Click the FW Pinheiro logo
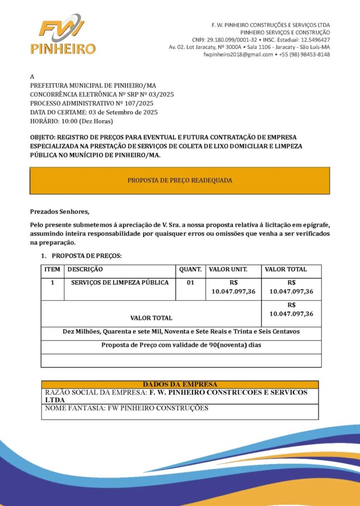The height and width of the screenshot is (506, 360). pyautogui.click(x=62, y=34)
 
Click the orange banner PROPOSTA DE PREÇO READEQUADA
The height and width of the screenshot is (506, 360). pyautogui.click(x=180, y=180)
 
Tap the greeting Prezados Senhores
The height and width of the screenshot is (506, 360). pyautogui.click(x=60, y=212)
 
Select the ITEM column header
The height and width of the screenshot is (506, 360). pyautogui.click(x=52, y=270)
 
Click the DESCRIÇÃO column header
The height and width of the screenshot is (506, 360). pyautogui.click(x=85, y=270)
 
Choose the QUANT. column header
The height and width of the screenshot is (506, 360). pyautogui.click(x=190, y=270)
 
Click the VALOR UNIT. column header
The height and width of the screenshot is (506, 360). pyautogui.click(x=228, y=270)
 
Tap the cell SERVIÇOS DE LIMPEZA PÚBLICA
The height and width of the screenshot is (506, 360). pyautogui.click(x=120, y=283)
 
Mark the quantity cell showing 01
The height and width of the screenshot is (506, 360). pyautogui.click(x=190, y=283)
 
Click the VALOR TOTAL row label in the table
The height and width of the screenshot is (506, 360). pyautogui.click(x=151, y=318)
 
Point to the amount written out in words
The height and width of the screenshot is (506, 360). pyautogui.click(x=181, y=332)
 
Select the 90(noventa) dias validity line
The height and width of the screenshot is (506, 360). pyautogui.click(x=181, y=345)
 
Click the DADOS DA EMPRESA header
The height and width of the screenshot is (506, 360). pyautogui.click(x=180, y=384)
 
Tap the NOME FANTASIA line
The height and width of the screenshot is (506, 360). pyautogui.click(x=127, y=409)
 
